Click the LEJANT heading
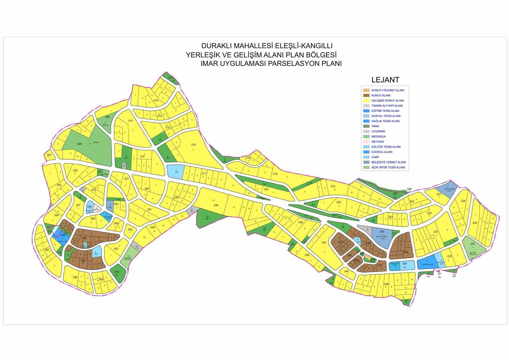click(x=385, y=80)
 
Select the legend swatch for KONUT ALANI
click(x=366, y=95)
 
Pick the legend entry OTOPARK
click(x=378, y=131)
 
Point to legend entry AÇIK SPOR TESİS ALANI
click(x=388, y=167)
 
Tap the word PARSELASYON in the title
click(x=294, y=63)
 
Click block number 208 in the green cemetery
click(x=80, y=144)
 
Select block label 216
click(x=193, y=145)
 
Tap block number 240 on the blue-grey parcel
click(x=382, y=232)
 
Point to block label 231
click(x=473, y=244)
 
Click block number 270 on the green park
click(x=116, y=272)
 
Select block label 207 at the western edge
click(x=49, y=155)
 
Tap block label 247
click(x=324, y=243)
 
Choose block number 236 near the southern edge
click(x=386, y=284)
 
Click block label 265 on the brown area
click(x=84, y=238)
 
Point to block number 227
click(x=439, y=194)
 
